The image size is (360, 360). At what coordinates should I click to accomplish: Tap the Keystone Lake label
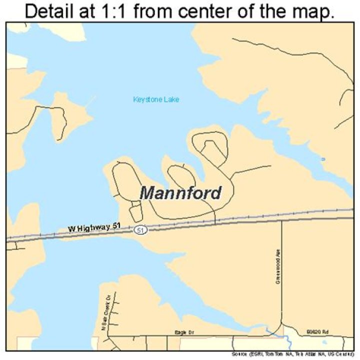pyautogui.click(x=156, y=99)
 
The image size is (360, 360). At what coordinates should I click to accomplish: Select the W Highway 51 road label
pyautogui.click(x=94, y=228)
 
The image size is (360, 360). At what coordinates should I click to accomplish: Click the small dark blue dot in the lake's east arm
pyautogui.click(x=323, y=159)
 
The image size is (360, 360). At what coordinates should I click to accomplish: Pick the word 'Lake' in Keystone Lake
pyautogui.click(x=171, y=99)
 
